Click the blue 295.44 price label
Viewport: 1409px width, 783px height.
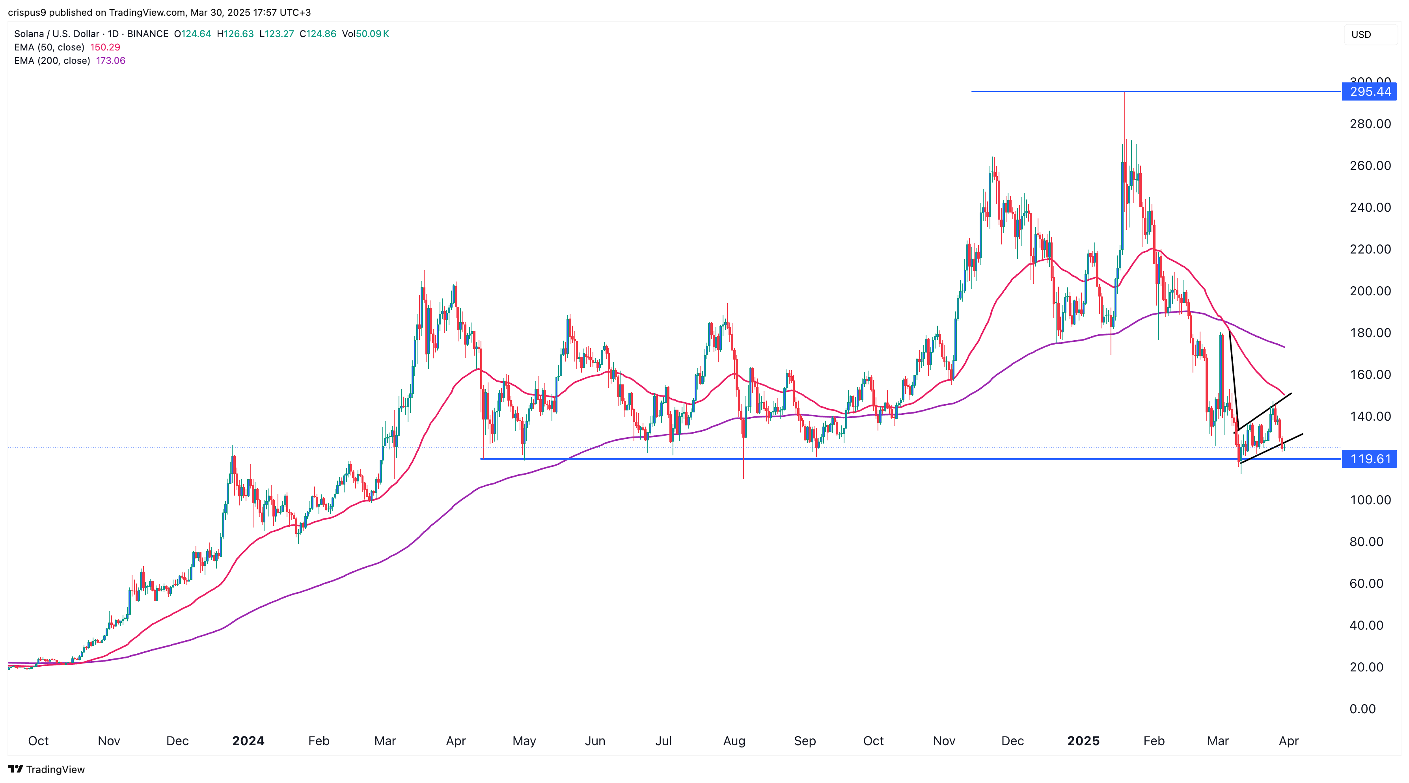[1370, 91]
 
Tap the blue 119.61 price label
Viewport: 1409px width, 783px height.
[1370, 459]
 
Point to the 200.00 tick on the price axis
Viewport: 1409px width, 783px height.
[1370, 291]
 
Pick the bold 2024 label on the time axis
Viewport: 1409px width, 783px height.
[248, 741]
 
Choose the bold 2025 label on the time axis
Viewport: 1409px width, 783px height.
[1083, 741]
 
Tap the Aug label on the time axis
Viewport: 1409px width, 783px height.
[734, 741]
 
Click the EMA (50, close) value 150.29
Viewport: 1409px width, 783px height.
[105, 47]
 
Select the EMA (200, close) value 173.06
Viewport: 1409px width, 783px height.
[110, 61]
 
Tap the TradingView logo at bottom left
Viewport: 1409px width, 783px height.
[47, 769]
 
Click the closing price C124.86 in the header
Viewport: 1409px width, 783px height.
[318, 34]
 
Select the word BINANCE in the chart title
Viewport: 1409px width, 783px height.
[148, 34]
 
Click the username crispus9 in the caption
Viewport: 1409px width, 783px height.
[27, 12]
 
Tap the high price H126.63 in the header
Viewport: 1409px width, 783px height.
[235, 34]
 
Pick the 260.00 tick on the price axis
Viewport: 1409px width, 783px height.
[1370, 166]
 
